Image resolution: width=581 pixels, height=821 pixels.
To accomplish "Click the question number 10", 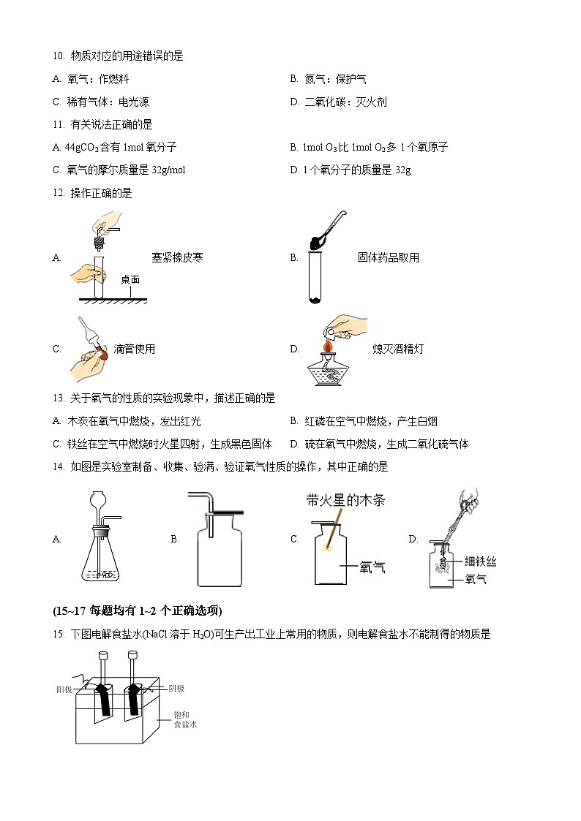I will tap(59, 56).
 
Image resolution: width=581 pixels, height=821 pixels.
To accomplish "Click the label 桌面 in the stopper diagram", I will tap(130, 279).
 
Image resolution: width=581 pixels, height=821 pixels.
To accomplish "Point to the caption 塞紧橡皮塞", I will tap(177, 257).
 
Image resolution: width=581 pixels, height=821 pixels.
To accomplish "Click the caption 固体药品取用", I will tap(389, 257).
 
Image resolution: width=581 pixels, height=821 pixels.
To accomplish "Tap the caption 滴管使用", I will tap(135, 349).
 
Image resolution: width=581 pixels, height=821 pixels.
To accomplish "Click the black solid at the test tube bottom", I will tap(315, 299).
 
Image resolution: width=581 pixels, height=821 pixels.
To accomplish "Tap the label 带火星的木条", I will tap(345, 501).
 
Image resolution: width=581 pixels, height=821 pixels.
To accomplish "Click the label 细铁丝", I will tap(481, 561).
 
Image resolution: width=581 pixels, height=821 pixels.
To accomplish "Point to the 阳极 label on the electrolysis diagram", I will tap(64, 689).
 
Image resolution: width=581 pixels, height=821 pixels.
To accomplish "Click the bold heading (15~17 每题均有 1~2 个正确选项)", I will tap(137, 611).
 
